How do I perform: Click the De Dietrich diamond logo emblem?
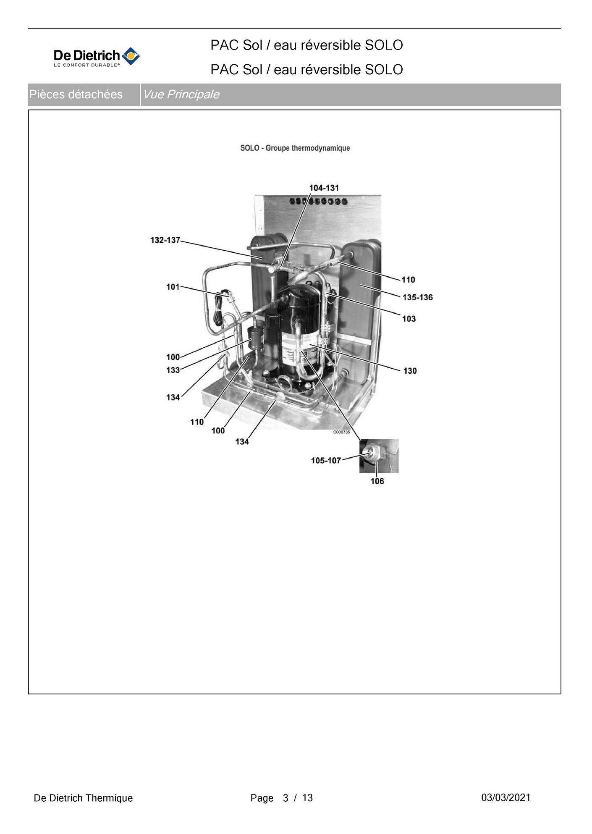[x=131, y=56]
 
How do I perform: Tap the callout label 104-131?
[x=324, y=188]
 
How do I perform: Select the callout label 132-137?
[x=165, y=240]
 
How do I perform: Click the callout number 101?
[x=173, y=287]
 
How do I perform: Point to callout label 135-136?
[x=417, y=297]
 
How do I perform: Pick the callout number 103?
[x=409, y=319]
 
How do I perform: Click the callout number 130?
[x=410, y=371]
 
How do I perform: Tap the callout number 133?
[x=173, y=370]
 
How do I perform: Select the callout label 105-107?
[x=326, y=461]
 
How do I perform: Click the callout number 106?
[x=377, y=481]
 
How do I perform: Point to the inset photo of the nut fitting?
[x=379, y=456]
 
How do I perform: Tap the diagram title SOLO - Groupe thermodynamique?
[x=295, y=148]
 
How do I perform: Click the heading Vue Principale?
[x=181, y=94]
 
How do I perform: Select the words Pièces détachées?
[x=76, y=94]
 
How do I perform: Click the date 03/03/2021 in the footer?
[x=506, y=797]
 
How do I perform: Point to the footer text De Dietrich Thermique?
[x=83, y=798]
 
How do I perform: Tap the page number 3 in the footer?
[x=286, y=798]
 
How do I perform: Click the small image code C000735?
[x=341, y=432]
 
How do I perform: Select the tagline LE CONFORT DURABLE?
[x=86, y=65]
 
